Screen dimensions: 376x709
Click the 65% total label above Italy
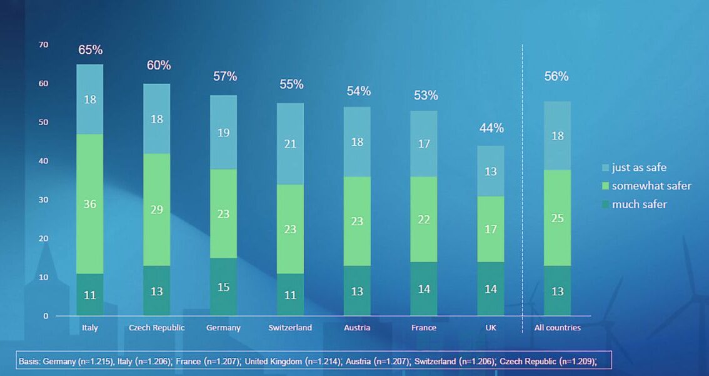tap(90, 50)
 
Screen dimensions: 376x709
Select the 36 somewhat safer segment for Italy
tap(90, 204)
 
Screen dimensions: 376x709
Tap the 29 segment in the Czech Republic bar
tap(156, 210)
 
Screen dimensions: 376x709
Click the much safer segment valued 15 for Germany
tap(223, 287)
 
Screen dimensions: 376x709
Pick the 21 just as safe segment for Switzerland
tap(290, 144)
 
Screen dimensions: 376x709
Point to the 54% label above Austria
tap(358, 91)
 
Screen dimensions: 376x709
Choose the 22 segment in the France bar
tap(424, 219)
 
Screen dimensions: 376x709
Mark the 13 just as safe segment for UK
tap(491, 171)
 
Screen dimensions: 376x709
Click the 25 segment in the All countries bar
tap(557, 218)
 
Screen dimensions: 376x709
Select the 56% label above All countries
tap(556, 76)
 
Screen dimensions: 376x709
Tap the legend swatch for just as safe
tap(605, 168)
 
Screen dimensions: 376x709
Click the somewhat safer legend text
tap(651, 186)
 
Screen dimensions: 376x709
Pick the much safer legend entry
tap(639, 204)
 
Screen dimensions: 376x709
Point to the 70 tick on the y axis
tap(43, 44)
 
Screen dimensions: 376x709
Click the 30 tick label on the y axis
tap(43, 200)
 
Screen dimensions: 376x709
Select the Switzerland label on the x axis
tap(290, 328)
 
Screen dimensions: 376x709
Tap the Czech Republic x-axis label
tap(156, 328)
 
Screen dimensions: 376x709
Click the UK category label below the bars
tap(491, 328)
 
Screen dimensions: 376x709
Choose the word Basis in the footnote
tap(29, 361)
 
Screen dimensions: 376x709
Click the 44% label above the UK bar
tap(491, 128)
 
